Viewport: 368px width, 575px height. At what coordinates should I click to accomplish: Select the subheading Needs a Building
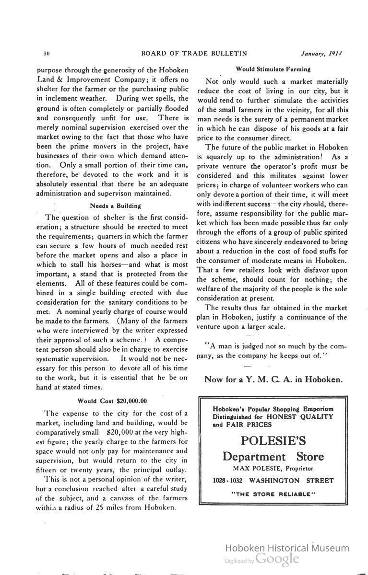pyautogui.click(x=115, y=206)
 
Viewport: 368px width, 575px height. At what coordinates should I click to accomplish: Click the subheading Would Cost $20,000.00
pyautogui.click(x=112, y=401)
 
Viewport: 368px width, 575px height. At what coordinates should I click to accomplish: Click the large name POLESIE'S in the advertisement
pyautogui.click(x=273, y=440)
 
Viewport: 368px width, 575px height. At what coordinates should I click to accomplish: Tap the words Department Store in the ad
pyautogui.click(x=273, y=456)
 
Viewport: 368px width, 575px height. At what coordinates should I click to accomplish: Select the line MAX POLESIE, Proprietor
pyautogui.click(x=273, y=468)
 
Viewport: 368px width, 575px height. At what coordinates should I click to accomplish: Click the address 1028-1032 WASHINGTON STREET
pyautogui.click(x=273, y=480)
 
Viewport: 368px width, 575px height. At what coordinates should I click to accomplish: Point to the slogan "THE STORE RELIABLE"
pyautogui.click(x=273, y=494)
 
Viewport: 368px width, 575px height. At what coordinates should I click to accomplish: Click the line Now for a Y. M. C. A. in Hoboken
pyautogui.click(x=273, y=379)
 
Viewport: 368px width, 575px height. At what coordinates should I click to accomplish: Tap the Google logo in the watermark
pyautogui.click(x=277, y=559)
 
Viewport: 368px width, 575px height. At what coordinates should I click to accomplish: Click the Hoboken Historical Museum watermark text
pyautogui.click(x=287, y=548)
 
